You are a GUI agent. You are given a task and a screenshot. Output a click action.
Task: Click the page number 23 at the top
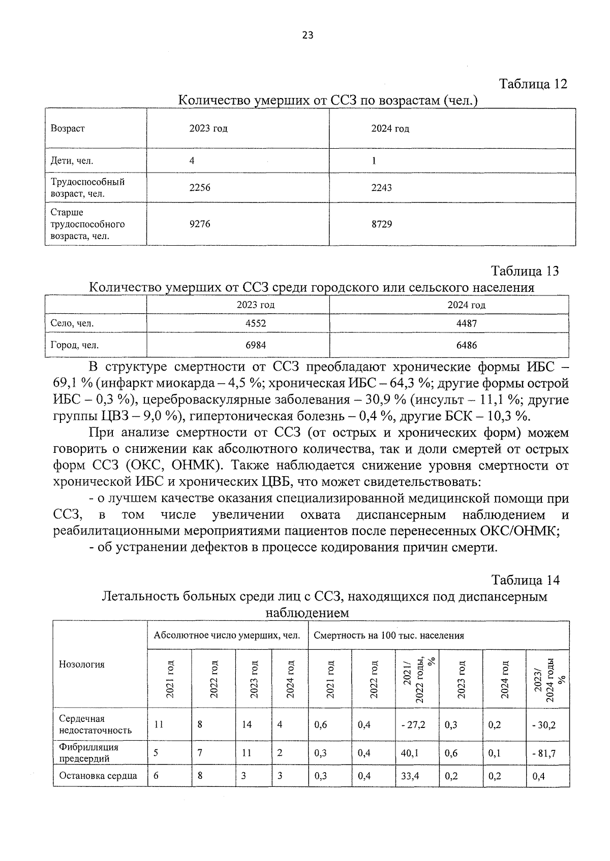[308, 35]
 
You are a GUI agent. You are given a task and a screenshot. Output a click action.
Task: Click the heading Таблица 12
[533, 84]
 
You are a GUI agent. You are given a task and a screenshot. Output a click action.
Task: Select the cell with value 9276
[199, 224]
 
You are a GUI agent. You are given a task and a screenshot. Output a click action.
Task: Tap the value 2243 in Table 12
[381, 188]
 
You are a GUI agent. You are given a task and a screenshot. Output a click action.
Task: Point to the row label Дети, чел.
[72, 161]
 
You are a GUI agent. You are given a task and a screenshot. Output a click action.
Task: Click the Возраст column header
[68, 128]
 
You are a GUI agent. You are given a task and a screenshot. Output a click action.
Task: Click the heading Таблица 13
[525, 271]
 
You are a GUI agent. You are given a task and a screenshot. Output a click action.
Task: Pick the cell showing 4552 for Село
[255, 323]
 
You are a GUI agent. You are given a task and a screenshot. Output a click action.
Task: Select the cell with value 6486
[466, 345]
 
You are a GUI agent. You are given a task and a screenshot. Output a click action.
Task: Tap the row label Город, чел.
[75, 345]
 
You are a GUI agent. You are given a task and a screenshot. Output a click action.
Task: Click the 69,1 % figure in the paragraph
[73, 383]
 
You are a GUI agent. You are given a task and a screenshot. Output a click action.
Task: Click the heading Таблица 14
[525, 580]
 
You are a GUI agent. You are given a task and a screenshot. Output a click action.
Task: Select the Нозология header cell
[82, 664]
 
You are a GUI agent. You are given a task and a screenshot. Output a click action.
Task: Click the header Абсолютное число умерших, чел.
[227, 635]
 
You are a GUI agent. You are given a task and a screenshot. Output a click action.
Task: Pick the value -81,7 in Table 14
[543, 753]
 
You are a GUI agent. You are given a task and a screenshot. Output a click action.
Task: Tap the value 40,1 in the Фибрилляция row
[410, 753]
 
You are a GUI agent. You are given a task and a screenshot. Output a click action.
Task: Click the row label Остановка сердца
[98, 776]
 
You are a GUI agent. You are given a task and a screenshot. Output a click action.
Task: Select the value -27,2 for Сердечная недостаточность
[412, 725]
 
